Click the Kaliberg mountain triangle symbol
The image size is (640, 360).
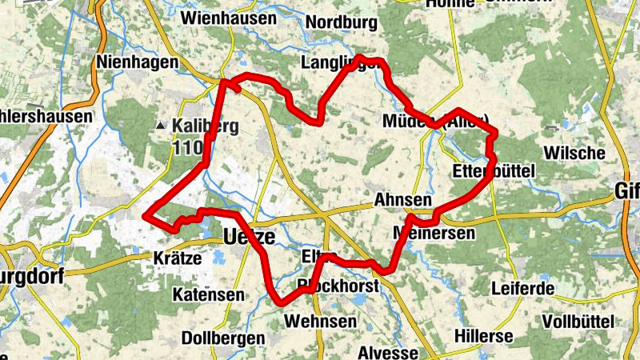click(162, 126)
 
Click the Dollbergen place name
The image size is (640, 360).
click(223, 338)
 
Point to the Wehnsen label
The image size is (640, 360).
click(320, 321)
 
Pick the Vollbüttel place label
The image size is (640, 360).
click(578, 322)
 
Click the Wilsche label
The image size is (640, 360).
click(574, 153)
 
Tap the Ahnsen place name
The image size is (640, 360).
click(402, 200)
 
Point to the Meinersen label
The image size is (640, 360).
click(434, 233)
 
